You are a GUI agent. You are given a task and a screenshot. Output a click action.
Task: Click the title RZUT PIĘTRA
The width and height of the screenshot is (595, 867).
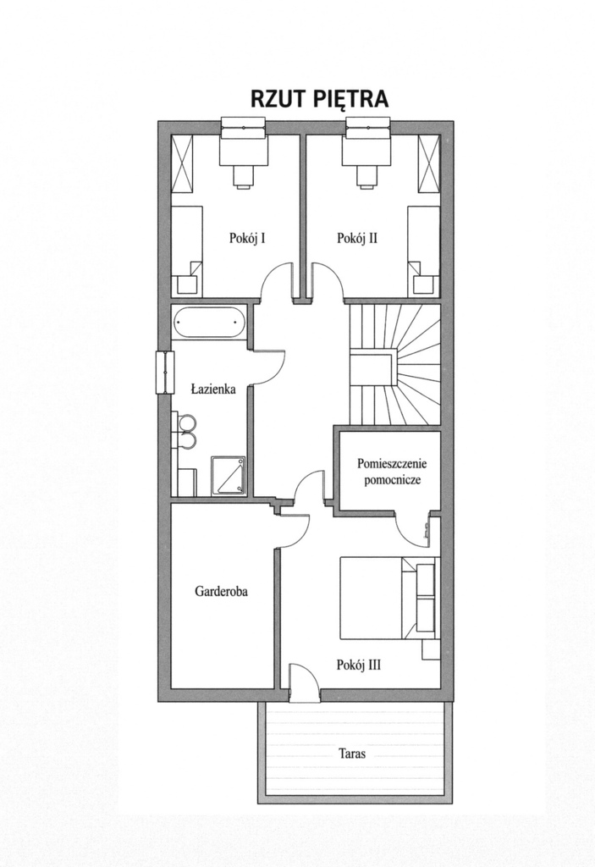319,99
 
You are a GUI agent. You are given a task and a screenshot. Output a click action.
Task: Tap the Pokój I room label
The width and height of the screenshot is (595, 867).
249,238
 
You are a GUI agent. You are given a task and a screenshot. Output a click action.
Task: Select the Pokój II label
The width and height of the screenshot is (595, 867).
358,238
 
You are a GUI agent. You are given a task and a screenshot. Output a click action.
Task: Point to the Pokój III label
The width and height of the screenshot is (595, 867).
359,665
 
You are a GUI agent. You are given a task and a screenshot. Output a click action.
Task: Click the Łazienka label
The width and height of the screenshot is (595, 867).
213,389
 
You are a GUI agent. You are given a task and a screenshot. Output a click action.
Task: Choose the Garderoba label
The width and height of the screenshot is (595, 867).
221,591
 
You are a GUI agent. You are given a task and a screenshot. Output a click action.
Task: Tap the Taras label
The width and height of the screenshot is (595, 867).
352,753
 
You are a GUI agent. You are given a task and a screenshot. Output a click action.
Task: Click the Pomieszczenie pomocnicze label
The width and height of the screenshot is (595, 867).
393,471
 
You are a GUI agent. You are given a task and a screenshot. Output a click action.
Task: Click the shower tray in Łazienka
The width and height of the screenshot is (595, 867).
228,476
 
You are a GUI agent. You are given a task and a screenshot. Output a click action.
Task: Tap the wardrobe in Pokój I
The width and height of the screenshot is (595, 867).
183,163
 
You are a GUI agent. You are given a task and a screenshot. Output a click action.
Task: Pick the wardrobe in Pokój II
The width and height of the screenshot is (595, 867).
428,163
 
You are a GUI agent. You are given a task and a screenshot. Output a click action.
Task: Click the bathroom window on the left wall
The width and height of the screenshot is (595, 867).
165,373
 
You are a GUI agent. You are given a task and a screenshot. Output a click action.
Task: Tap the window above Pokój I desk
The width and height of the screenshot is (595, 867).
243,127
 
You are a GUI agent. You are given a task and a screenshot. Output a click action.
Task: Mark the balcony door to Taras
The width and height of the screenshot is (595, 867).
304,683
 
